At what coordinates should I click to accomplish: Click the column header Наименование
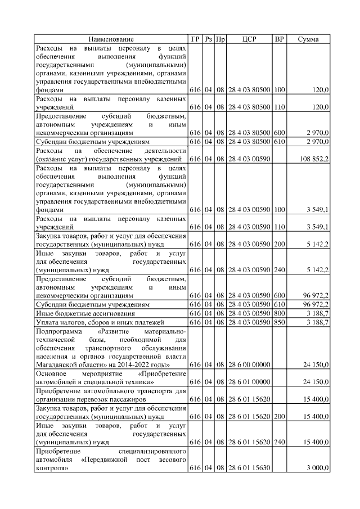click(x=111, y=39)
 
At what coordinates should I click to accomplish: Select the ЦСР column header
click(x=249, y=39)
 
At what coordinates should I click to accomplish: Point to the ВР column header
click(x=279, y=39)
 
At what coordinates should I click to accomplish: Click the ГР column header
click(x=195, y=39)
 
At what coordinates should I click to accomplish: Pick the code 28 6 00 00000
click(x=249, y=365)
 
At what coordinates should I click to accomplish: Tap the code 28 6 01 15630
click(x=249, y=468)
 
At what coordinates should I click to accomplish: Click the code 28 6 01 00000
click(x=249, y=382)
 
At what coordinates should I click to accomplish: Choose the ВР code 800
click(x=279, y=313)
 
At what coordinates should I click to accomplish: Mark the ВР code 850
click(x=279, y=322)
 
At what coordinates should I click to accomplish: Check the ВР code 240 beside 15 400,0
click(x=279, y=442)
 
